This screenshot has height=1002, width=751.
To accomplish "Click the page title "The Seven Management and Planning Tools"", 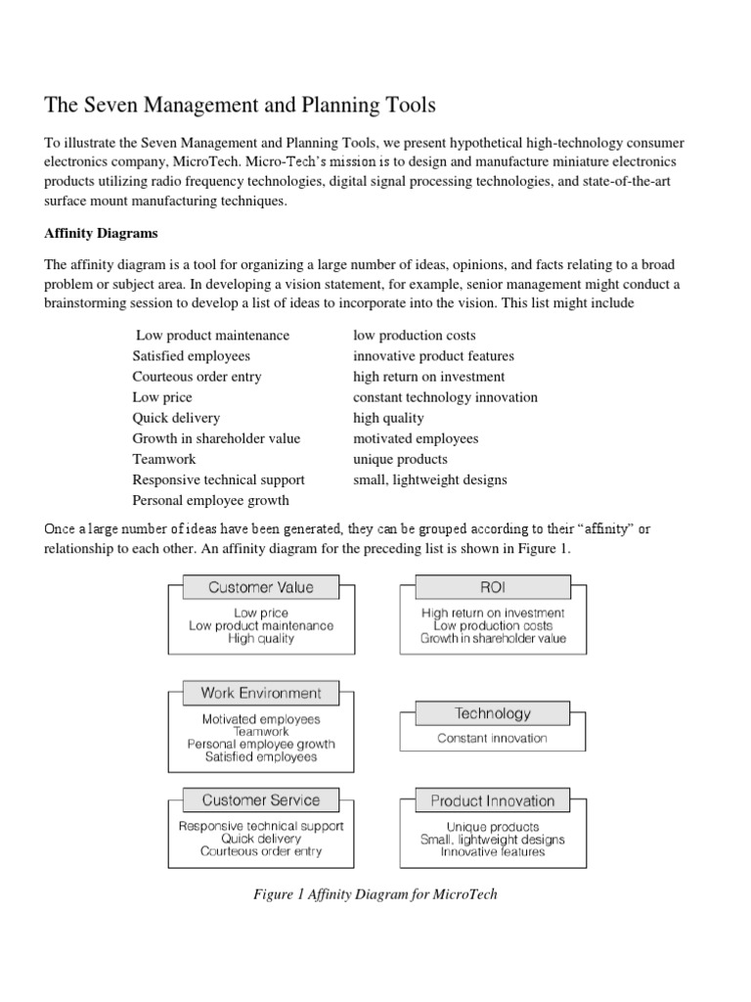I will click(240, 104).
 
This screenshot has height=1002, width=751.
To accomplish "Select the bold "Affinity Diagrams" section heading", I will click(103, 234).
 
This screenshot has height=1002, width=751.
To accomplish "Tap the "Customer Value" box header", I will click(261, 588).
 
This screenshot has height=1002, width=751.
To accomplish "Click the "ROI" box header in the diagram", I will click(493, 588).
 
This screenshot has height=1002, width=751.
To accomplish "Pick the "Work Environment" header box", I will click(261, 693).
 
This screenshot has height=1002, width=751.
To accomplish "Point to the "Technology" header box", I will click(493, 714).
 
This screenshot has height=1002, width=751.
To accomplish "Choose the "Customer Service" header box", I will click(261, 800).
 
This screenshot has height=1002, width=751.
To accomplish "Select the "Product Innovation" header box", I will click(493, 801).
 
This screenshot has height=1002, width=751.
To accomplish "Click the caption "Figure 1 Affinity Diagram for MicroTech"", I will click(375, 894).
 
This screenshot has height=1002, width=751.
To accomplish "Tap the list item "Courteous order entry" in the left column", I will click(197, 377).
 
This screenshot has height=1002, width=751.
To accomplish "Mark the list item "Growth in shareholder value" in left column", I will click(216, 438).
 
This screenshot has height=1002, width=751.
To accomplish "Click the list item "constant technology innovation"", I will click(445, 397).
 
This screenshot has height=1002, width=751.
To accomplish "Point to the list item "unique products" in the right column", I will click(400, 459).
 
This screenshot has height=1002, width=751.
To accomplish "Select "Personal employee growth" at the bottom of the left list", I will click(210, 500).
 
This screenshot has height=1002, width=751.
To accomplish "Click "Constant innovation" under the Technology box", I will click(492, 739).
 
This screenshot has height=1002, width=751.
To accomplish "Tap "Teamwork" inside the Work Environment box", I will click(261, 731).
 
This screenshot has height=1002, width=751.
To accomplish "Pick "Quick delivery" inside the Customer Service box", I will click(261, 839).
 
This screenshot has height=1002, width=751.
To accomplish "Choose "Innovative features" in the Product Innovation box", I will click(493, 851).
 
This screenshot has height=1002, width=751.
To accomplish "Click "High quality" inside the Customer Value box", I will click(261, 638).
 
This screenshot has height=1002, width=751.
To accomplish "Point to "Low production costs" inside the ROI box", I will click(493, 625).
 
